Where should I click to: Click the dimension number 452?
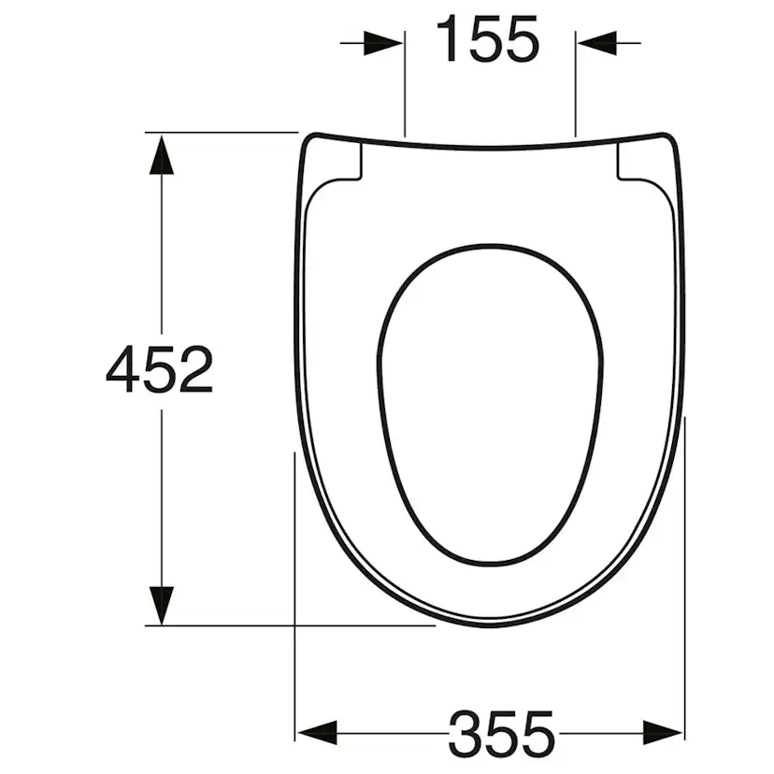point(160,370)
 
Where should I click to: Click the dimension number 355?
point(501,733)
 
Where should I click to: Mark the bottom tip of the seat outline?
point(493,624)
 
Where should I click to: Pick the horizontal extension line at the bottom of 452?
point(280,625)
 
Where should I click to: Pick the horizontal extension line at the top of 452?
point(224,133)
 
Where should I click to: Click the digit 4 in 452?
point(123,370)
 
